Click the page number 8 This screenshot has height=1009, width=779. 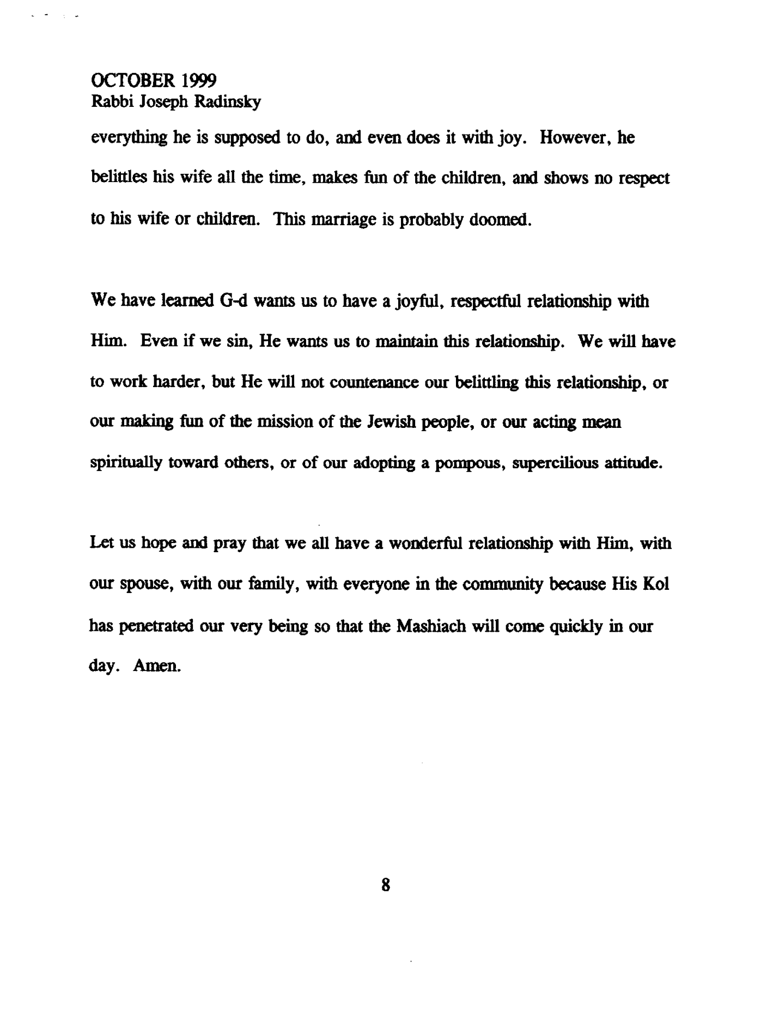click(386, 884)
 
